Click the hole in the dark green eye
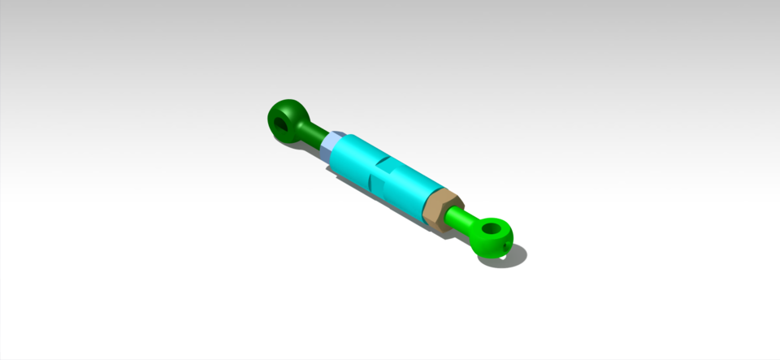click(x=281, y=124)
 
